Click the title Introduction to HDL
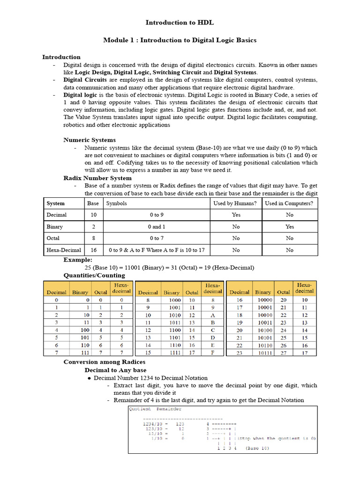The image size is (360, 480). [180, 22]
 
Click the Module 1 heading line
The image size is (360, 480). [180, 40]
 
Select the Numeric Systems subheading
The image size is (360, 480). [90, 140]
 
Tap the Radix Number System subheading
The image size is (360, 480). [97, 178]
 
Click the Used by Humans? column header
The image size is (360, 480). [235, 203]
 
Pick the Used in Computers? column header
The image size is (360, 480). [289, 203]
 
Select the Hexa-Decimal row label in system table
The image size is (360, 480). [64, 250]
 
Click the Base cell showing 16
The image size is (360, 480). [93, 250]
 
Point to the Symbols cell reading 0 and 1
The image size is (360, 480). [157, 226]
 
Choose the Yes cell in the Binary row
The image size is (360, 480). [289, 226]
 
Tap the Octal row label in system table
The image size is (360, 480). [53, 238]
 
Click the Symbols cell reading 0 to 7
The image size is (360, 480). [157, 238]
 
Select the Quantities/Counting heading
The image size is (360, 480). [94, 275]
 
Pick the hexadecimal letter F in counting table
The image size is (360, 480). [212, 352]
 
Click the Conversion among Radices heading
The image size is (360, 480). [104, 362]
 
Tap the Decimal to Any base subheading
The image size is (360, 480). [115, 370]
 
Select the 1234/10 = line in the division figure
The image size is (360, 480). [154, 423]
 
